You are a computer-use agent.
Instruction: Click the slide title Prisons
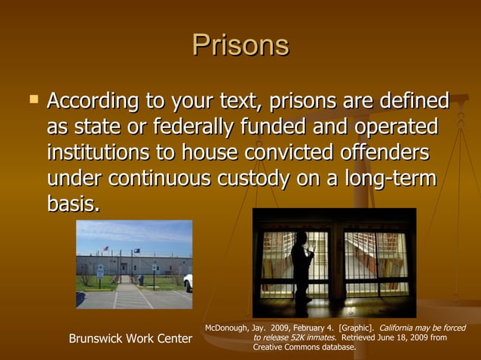[240, 46]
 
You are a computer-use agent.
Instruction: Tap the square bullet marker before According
[32, 99]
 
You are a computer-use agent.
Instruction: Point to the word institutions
[97, 152]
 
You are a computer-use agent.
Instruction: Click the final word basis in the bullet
[73, 204]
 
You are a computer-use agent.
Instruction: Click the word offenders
[381, 152]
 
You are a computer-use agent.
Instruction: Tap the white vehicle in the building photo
[188, 282]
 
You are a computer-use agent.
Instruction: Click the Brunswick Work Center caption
[130, 339]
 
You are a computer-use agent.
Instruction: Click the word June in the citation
[391, 338]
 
